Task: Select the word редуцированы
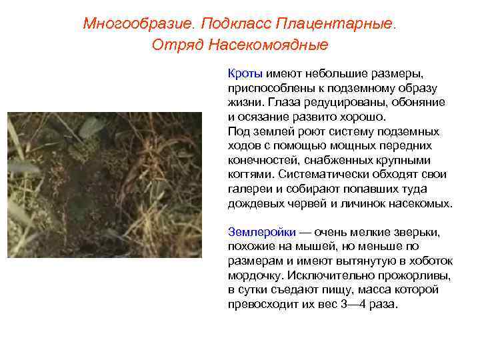[x=339, y=102]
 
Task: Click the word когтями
[x=250, y=175]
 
